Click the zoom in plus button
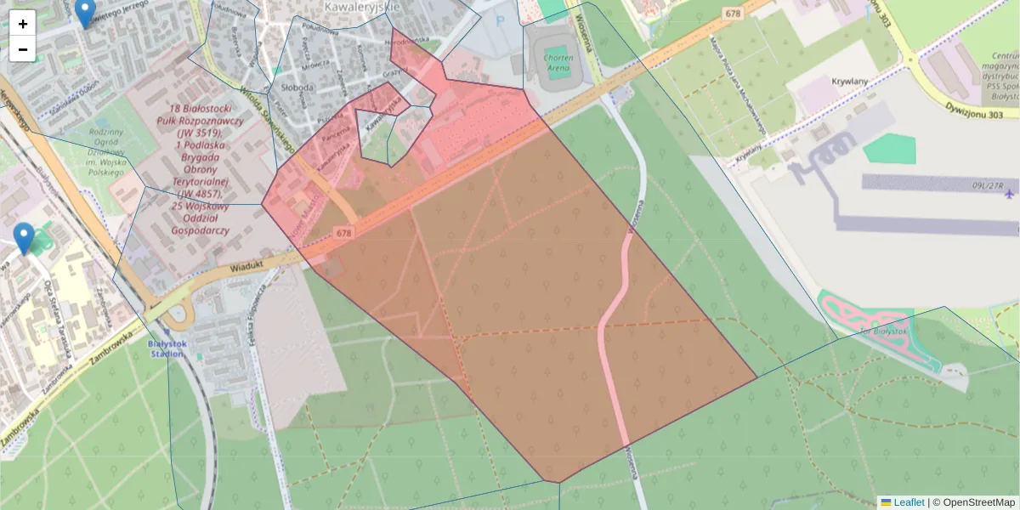23,23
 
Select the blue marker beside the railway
25,238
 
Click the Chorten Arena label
558,62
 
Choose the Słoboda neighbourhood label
298,87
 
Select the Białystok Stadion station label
166,348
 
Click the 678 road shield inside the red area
343,232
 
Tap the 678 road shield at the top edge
734,14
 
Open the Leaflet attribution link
908,502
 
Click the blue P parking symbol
500,21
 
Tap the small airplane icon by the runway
1009,194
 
